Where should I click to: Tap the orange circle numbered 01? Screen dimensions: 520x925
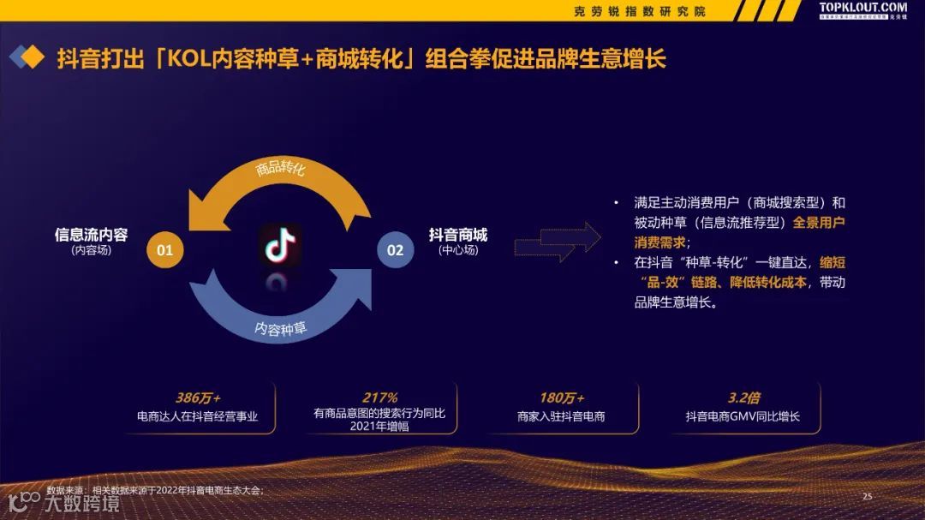165,250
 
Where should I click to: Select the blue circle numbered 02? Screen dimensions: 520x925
395,250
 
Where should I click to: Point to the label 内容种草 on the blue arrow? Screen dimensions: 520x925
281,328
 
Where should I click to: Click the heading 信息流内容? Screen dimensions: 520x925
91,235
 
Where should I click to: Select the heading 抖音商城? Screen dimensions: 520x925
457,235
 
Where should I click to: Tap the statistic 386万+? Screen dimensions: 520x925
198,398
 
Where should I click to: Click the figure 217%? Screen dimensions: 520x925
379,397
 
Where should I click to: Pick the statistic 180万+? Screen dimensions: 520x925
561,398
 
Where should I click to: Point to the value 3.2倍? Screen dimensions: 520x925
743,398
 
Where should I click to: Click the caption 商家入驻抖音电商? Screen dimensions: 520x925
561,417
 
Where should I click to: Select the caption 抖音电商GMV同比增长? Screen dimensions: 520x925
743,417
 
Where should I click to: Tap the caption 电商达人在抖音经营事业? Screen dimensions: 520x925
198,417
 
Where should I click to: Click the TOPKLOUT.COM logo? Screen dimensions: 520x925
862,9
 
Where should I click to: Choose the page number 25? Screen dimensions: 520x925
867,496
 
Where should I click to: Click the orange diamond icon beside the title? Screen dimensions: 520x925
32,57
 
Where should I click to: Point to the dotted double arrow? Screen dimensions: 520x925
557,242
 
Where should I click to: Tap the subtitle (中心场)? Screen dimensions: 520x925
458,251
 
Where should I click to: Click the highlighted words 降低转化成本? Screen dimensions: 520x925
761,282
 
